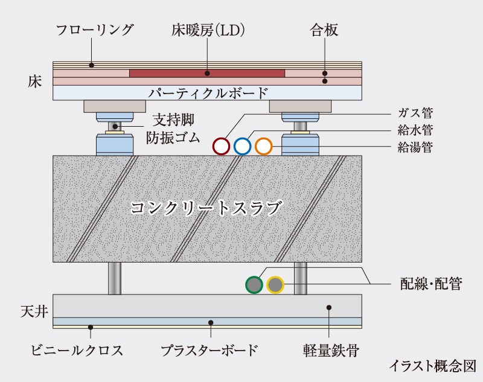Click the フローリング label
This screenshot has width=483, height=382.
point(95,30)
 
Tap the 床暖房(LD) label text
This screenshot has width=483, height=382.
point(208,30)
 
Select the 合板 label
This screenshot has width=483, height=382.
point(324,30)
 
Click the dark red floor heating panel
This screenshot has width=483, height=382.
point(207,73)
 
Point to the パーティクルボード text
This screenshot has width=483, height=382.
point(208,93)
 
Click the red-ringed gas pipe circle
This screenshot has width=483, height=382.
point(221,146)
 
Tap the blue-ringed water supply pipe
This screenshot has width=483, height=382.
point(243,146)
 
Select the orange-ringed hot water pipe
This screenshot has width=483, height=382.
point(264,146)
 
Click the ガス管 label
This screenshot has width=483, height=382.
point(415,113)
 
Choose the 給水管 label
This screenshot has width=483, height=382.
point(415,130)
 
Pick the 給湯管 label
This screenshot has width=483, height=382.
point(415,147)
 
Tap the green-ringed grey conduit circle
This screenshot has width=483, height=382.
point(254,284)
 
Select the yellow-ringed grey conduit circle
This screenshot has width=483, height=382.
point(275,284)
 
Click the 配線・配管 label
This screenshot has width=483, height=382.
point(431,284)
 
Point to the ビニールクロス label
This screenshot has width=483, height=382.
point(77,350)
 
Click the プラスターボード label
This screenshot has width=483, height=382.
point(210,350)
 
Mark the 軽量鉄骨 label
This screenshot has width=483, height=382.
point(331,350)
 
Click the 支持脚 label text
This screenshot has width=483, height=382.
point(174,119)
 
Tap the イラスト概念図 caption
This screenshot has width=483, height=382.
point(432,366)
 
